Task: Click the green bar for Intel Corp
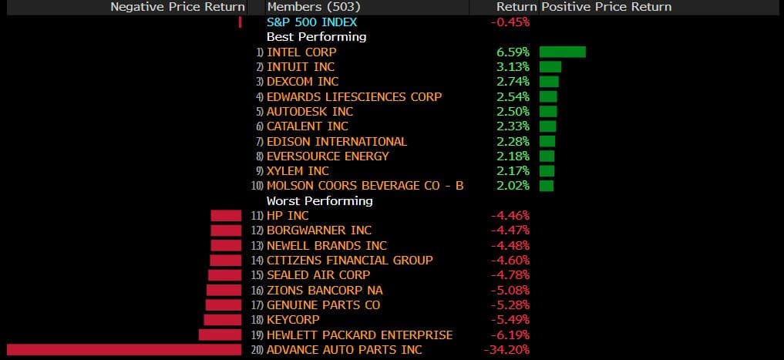(562, 52)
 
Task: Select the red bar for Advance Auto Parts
(124, 350)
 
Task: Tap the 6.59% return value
(513, 52)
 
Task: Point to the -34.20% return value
(506, 350)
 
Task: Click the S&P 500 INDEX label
(311, 22)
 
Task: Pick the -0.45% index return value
(510, 22)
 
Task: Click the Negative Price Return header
(177, 7)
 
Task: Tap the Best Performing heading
(316, 36)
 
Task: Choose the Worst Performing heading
(319, 200)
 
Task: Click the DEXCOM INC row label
(302, 82)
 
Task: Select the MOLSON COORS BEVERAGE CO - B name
(365, 186)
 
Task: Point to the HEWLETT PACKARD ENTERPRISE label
(359, 335)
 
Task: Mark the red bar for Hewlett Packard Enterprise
(220, 335)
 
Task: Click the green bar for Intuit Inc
(550, 67)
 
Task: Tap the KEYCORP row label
(293, 320)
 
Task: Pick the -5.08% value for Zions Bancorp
(510, 291)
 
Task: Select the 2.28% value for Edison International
(513, 141)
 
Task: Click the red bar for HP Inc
(226, 216)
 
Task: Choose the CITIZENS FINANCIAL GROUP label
(349, 261)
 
